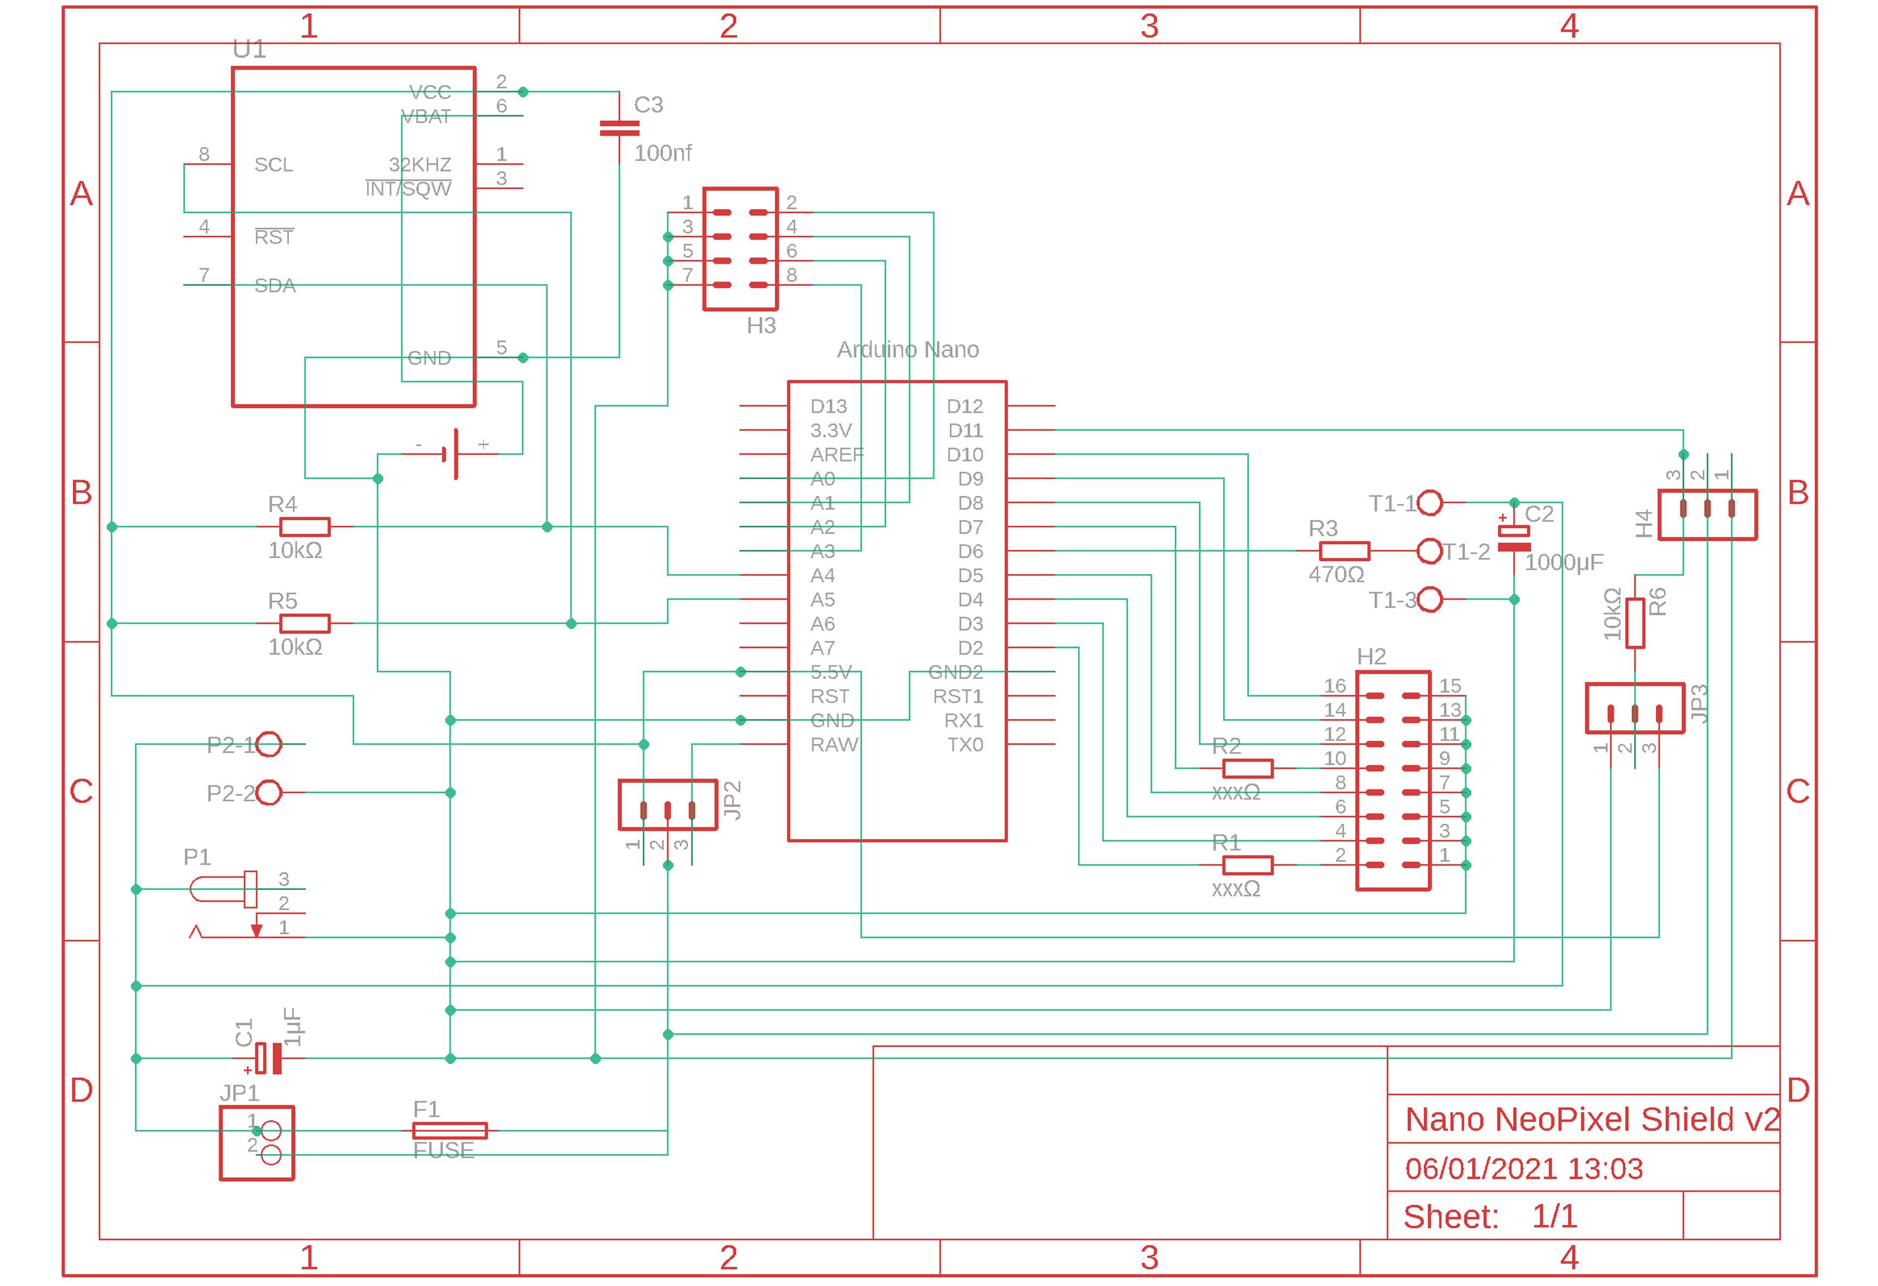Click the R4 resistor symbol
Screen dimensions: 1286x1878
[305, 527]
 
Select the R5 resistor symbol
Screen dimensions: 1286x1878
[305, 623]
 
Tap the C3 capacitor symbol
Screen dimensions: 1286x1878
[619, 129]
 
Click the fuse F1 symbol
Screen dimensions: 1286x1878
[449, 1130]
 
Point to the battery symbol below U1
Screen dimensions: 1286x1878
[453, 454]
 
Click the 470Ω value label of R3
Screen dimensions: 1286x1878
[1336, 575]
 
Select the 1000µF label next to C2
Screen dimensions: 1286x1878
[1563, 562]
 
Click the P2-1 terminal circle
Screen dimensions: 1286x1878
[269, 744]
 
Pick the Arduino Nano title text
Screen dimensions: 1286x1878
[907, 350]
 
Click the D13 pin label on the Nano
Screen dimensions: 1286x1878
[828, 406]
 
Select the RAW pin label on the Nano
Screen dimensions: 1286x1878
[834, 744]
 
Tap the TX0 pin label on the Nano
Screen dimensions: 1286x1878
[965, 744]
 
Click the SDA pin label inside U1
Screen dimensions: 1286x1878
[275, 285]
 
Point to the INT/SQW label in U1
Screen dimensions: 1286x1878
[408, 189]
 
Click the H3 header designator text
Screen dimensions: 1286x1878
[760, 325]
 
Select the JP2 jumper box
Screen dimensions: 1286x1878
[667, 804]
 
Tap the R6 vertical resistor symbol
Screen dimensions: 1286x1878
[1635, 623]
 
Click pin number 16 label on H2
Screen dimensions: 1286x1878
[1334, 686]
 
